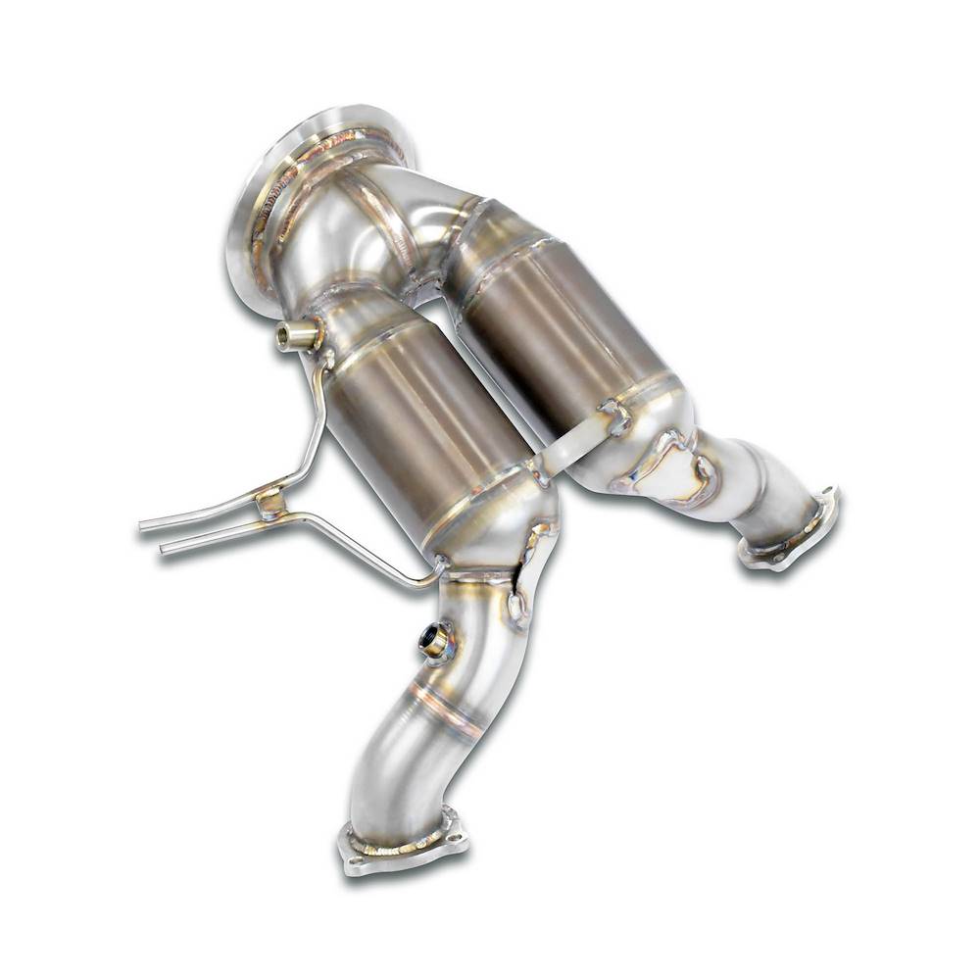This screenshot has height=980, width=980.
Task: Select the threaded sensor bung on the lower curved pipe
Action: point(435,642)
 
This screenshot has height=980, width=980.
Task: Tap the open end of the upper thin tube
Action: point(143,526)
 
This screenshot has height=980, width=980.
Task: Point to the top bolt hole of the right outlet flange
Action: point(828,496)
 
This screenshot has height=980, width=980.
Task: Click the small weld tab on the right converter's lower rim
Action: point(615,416)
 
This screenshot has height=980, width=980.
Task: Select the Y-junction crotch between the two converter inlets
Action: point(431,284)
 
